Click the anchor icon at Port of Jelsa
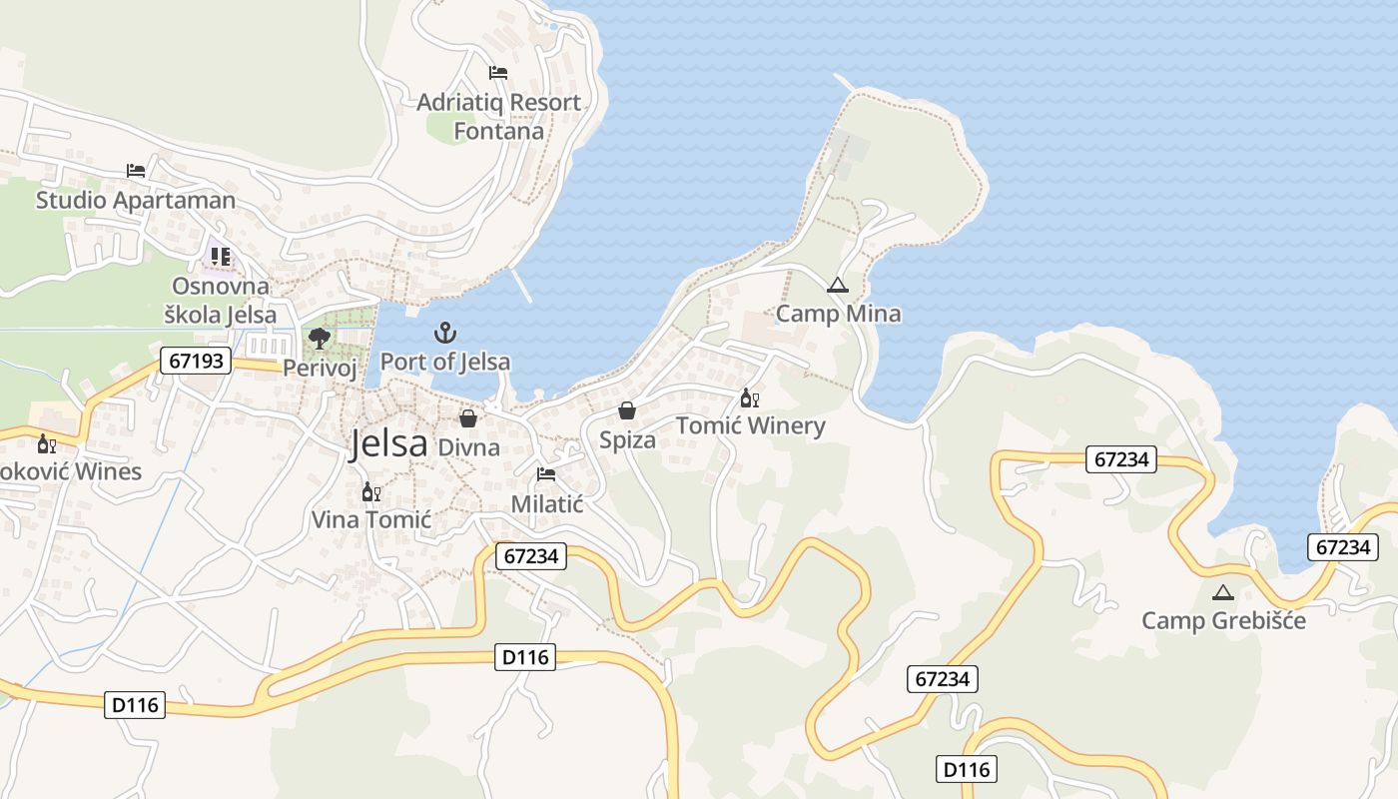click(445, 332)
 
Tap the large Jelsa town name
click(388, 443)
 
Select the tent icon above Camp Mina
click(837, 285)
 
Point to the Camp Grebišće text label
click(1223, 620)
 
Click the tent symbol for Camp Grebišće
click(1222, 592)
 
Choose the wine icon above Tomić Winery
click(749, 399)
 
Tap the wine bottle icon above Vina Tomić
click(370, 491)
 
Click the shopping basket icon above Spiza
click(627, 410)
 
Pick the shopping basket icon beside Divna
click(467, 418)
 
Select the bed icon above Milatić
click(545, 474)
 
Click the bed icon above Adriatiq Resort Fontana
click(497, 73)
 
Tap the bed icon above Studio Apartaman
click(136, 171)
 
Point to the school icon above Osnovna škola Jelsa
click(220, 257)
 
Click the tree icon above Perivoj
click(320, 339)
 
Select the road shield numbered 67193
click(196, 361)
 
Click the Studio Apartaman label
click(136, 200)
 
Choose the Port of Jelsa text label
click(445, 362)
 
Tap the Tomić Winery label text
click(751, 426)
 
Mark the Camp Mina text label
click(838, 314)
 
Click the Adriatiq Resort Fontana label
click(498, 117)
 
